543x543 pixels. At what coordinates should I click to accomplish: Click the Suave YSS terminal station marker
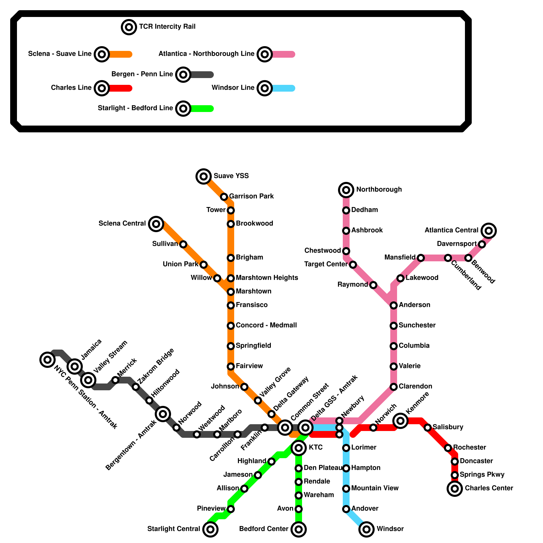[x=204, y=176]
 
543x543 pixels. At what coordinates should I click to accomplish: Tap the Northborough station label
[x=379, y=189]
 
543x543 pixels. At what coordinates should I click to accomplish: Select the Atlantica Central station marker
[x=489, y=231]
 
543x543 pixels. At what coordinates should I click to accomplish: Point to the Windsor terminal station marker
[x=367, y=529]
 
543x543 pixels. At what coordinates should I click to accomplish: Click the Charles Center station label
[x=489, y=488]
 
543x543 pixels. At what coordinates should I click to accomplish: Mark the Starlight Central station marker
[x=210, y=529]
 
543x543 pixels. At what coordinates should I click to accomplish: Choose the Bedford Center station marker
[x=299, y=529]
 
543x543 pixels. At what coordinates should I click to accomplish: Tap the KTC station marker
[x=299, y=448]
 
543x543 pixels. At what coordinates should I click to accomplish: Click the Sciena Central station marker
[x=156, y=224]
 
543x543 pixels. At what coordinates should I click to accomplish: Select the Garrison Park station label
[x=251, y=196]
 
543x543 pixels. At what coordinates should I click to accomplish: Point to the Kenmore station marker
[x=400, y=421]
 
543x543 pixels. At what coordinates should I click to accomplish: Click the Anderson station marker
[x=394, y=305]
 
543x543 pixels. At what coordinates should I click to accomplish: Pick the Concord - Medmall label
[x=266, y=325]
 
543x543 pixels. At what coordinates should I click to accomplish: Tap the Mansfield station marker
[x=421, y=258]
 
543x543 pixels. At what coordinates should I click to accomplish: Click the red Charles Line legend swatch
[x=120, y=88]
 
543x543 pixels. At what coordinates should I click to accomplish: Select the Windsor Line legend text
[x=233, y=88]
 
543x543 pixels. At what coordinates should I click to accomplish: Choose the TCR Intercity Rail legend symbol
[x=129, y=27]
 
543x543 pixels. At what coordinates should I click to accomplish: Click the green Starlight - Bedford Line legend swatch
[x=202, y=109]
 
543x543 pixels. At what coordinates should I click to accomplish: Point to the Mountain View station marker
[x=346, y=489]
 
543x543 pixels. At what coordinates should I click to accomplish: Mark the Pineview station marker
[x=231, y=509]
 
